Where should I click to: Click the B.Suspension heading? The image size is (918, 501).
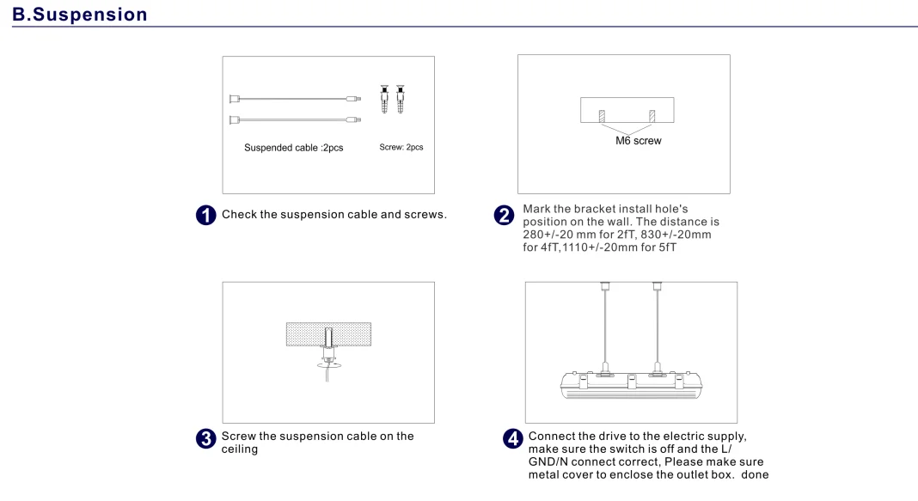80,14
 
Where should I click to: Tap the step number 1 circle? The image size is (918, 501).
205,215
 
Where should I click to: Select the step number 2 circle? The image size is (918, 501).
504,215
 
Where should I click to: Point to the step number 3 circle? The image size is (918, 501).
205,438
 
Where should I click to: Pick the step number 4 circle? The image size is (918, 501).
513,438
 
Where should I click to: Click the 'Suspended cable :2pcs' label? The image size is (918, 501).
293,148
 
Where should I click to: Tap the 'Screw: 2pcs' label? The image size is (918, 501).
401,147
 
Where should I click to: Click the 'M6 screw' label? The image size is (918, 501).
638,140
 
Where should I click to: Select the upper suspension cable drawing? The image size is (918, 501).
295,99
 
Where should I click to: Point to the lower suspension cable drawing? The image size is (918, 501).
295,120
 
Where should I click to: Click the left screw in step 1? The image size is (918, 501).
384,99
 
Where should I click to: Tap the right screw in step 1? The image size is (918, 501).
400,99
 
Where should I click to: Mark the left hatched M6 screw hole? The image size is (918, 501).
602,116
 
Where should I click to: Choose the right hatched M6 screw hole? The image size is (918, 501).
652,116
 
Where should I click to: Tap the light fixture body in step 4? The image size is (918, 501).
631,385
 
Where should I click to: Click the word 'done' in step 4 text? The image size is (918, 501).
755,474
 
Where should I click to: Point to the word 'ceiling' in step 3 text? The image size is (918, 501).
240,449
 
